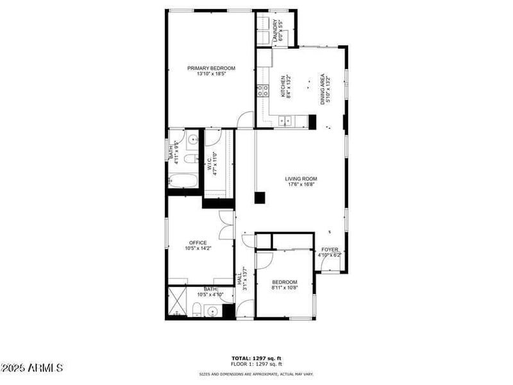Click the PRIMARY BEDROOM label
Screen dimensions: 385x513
[x=211, y=68]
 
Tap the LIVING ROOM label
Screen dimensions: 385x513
[x=301, y=179]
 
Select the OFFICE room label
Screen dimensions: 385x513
[x=198, y=243]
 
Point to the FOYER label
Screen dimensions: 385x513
[x=330, y=250]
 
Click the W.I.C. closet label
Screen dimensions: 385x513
[x=209, y=164]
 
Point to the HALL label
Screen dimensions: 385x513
[x=239, y=279]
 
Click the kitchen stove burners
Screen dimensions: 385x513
[x=262, y=90]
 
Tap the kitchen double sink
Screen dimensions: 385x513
[x=286, y=119]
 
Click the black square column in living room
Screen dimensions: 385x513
[x=260, y=198]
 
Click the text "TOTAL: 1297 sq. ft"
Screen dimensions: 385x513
[x=256, y=358]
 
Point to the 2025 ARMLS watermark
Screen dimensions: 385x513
[x=32, y=368]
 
